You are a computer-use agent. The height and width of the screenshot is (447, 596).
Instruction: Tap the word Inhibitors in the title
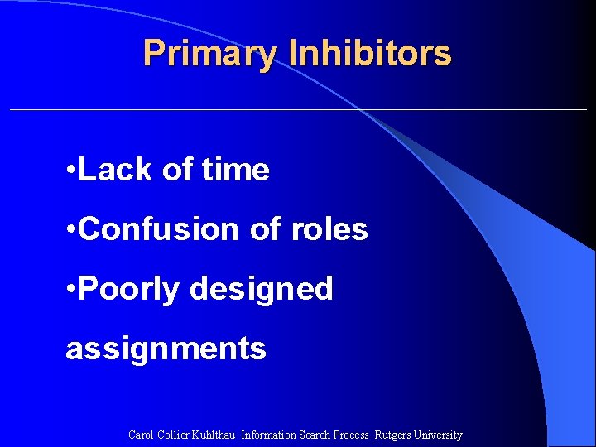[370, 54]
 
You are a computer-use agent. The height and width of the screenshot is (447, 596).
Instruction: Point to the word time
[235, 170]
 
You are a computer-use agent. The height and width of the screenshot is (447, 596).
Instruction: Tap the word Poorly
[130, 289]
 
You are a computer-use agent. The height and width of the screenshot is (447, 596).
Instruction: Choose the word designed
[262, 289]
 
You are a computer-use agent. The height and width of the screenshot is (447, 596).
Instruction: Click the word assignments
[166, 348]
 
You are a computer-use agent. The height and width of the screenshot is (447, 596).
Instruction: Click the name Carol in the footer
[142, 435]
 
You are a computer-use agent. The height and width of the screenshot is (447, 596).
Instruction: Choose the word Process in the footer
[350, 435]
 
